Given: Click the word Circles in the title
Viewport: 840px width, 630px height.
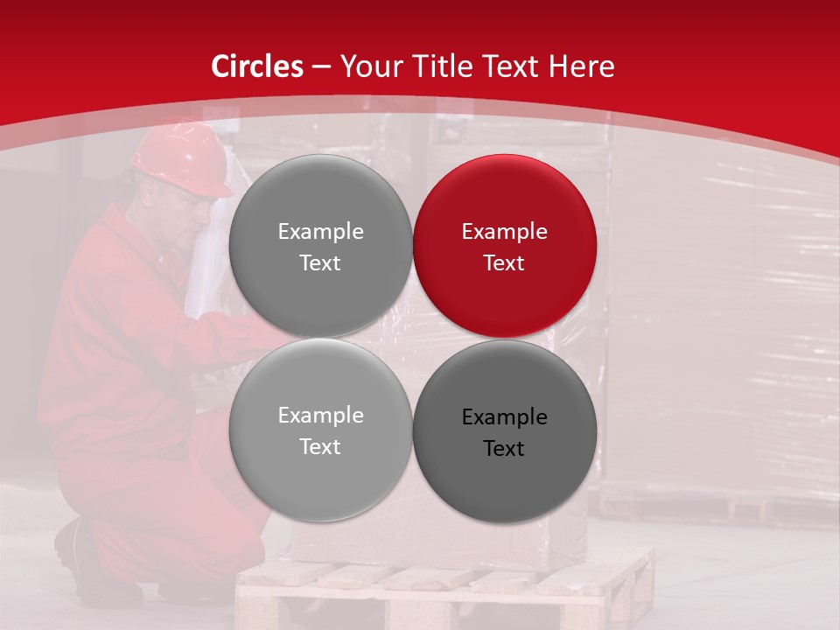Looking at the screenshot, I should click(257, 66).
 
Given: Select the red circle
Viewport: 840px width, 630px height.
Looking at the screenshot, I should click(504, 246).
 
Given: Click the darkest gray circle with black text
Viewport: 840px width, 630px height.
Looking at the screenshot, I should click(504, 431).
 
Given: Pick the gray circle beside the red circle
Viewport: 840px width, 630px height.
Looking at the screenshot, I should click(320, 246).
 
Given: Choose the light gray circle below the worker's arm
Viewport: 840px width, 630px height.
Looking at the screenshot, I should click(320, 430).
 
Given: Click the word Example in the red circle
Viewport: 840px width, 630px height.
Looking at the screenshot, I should click(504, 232).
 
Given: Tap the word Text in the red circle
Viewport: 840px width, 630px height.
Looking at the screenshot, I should click(504, 263).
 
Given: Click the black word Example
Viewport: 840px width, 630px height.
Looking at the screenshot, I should click(504, 417).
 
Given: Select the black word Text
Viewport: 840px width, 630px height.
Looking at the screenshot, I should click(504, 449).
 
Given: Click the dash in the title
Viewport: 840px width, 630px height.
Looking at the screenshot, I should click(321, 66).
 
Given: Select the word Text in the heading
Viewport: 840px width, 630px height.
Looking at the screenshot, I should click(512, 66).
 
